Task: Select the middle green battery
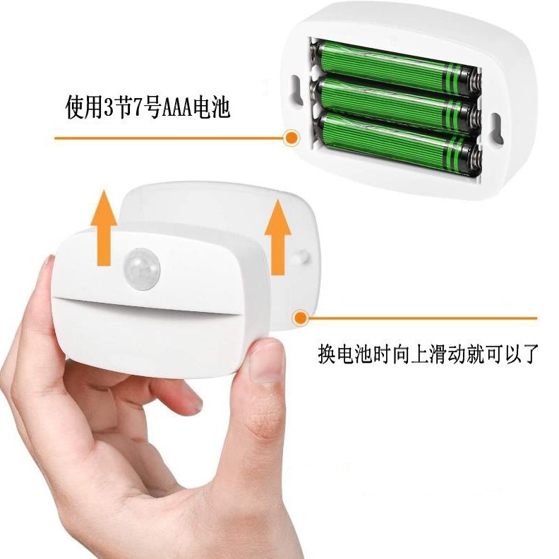[x=395, y=103]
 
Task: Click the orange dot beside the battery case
[x=289, y=138]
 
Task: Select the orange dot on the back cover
[x=301, y=318]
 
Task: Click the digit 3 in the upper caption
[x=108, y=110]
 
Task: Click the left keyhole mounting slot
[x=294, y=84]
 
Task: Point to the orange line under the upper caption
[x=169, y=138]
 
